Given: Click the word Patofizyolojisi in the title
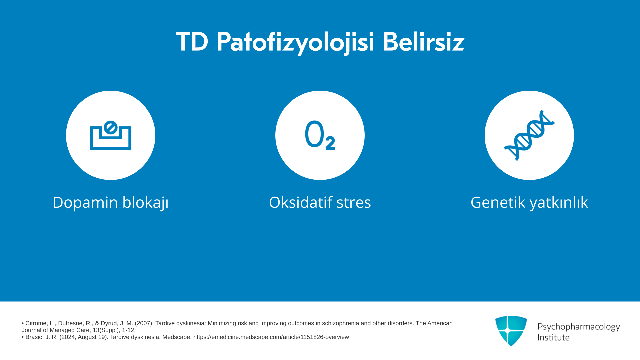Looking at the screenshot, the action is coord(295,43).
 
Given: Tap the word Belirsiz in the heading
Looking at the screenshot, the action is coord(423,42).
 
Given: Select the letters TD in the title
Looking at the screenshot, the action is coord(192,42).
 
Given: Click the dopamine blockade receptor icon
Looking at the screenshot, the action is coord(111,135).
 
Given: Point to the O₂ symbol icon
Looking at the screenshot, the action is coord(320,135).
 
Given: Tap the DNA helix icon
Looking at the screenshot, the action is coord(529,135).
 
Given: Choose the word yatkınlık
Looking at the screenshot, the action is coord(559,203).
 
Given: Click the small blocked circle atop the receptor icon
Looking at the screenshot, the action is coord(110,127).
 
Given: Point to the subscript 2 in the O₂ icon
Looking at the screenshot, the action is coord(330,143).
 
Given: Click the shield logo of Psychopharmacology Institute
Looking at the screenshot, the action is coord(511,331).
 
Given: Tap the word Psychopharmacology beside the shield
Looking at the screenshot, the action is coord(579,327).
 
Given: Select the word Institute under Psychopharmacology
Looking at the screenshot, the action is coord(553,337).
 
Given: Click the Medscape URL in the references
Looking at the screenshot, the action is coord(271,337).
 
